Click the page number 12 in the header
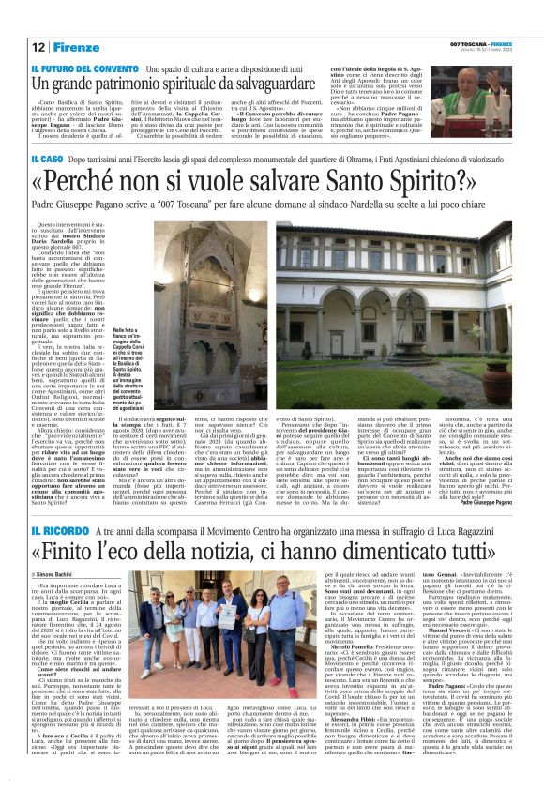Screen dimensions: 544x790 (38, 46)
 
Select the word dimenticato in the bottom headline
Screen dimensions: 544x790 (409, 550)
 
